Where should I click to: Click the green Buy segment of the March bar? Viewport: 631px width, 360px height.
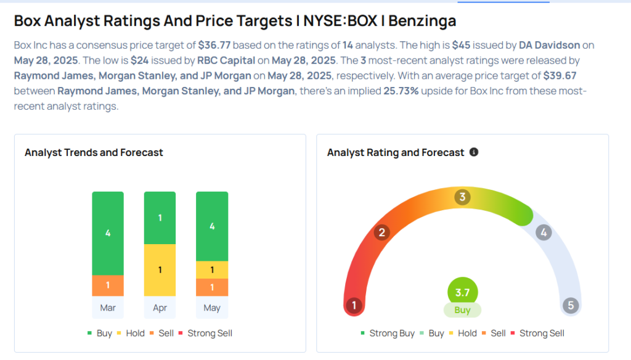(x=108, y=233)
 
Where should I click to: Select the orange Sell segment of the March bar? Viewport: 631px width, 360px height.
(x=108, y=285)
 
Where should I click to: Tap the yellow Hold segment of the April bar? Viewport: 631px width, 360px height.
(x=160, y=270)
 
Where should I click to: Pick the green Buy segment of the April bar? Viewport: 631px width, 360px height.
(x=160, y=218)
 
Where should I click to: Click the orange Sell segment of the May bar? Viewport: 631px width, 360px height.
(x=212, y=287)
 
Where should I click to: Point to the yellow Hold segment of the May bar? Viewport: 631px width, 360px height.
(x=212, y=270)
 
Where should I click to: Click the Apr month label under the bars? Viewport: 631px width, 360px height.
(x=160, y=308)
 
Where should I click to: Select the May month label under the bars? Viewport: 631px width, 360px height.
(x=212, y=308)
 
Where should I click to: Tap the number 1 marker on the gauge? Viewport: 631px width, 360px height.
(x=354, y=305)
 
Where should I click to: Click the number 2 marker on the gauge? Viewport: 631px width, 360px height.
(x=382, y=232)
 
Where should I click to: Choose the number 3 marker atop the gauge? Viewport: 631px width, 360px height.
(x=462, y=197)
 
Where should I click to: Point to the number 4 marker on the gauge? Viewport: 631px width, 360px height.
(x=543, y=232)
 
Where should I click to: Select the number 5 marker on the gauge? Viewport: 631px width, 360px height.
(x=571, y=305)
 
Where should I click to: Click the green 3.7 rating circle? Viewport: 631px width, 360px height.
(x=462, y=292)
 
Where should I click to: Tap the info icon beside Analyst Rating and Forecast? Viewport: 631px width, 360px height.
(x=474, y=152)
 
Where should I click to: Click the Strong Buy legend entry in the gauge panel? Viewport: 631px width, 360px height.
(x=388, y=333)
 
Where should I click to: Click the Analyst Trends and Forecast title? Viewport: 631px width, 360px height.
(x=94, y=152)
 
